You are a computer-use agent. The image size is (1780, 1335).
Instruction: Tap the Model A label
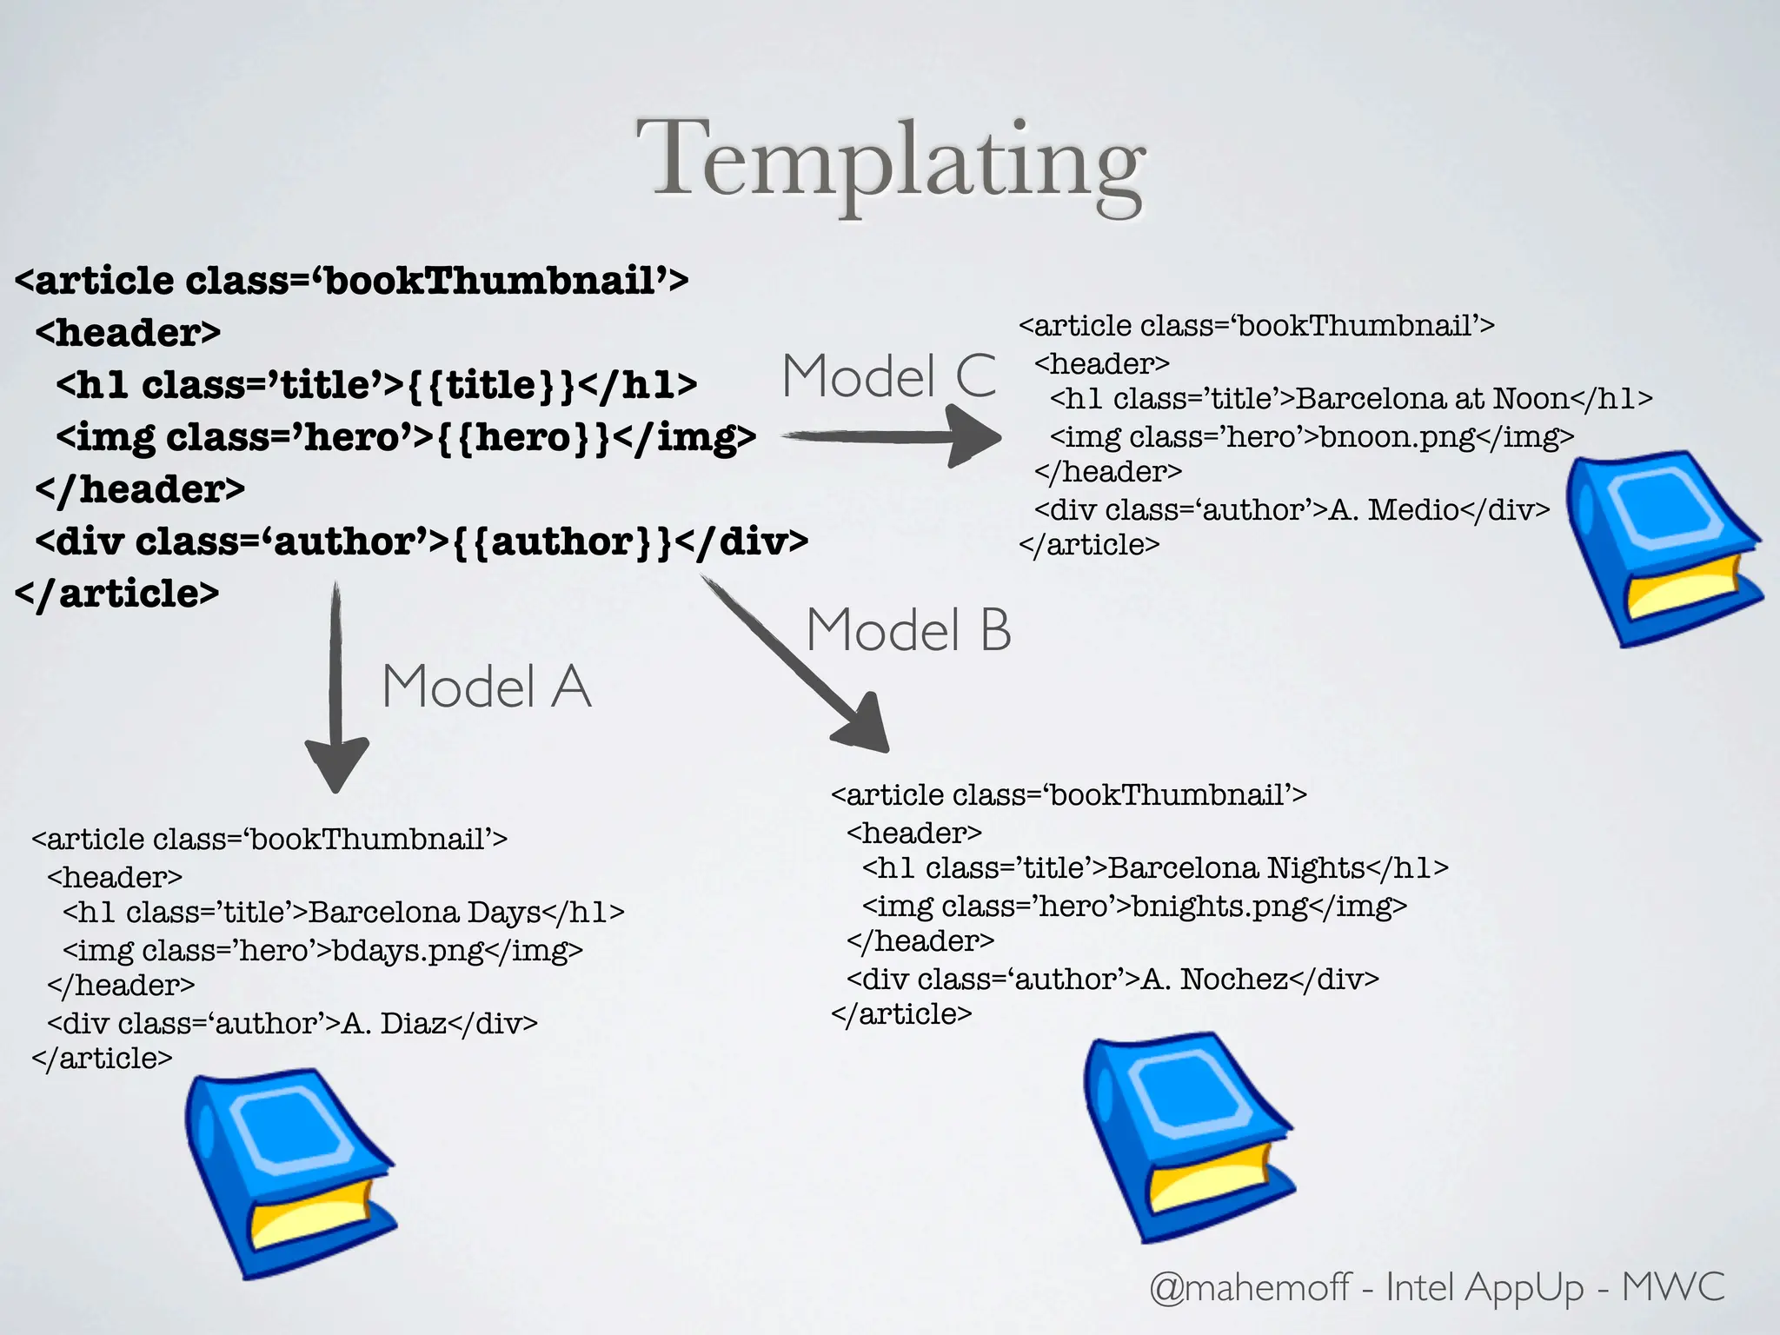486,687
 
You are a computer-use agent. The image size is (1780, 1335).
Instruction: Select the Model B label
908,629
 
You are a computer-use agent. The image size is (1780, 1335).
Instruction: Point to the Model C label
888,376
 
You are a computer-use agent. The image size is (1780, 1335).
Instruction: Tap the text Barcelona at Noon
1432,398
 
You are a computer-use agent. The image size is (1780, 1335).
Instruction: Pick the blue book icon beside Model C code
1664,548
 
